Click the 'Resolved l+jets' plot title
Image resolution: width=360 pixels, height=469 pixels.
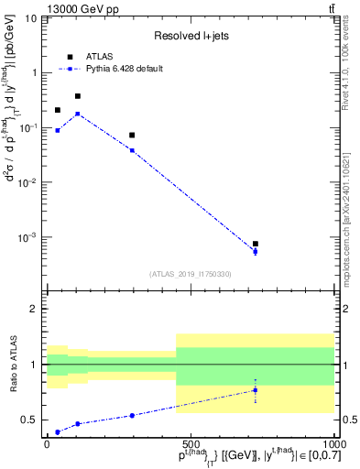(190, 36)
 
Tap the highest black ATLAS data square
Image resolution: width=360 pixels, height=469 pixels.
(78, 95)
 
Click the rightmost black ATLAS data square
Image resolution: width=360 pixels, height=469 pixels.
(256, 244)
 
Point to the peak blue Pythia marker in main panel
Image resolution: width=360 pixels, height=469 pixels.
(78, 114)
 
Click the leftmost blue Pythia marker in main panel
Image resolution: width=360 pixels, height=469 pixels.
(58, 130)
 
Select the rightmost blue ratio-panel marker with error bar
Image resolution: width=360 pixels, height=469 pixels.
(256, 390)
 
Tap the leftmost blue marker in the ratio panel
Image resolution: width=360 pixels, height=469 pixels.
(58, 431)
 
